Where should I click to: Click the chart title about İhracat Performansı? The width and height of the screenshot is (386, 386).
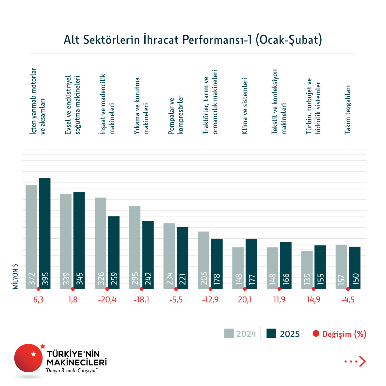[x=193, y=40]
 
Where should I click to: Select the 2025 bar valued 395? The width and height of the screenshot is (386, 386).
[x=45, y=233]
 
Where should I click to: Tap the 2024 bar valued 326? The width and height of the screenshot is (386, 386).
[x=100, y=243]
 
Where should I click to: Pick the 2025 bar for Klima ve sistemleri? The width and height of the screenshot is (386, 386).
[x=251, y=264]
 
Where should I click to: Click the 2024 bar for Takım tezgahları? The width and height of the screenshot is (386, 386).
[x=341, y=266]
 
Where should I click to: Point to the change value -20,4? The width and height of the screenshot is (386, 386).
[x=107, y=299]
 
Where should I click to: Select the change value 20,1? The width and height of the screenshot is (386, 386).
[x=245, y=299]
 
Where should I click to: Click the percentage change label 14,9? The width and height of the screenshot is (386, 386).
[x=314, y=299]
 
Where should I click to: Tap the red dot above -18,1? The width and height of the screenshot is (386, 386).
[x=141, y=289]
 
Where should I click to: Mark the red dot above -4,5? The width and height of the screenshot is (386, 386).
[x=348, y=289]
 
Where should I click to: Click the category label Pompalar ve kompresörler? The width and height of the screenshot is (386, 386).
[x=176, y=115]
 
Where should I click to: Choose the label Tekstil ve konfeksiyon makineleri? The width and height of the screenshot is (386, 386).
[x=279, y=102]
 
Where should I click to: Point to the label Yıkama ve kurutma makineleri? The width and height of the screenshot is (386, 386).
[x=141, y=106]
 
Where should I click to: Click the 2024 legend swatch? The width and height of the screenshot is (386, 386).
[x=229, y=333]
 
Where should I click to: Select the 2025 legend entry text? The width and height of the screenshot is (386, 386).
[x=290, y=334]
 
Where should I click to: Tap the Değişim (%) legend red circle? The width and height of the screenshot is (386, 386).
[x=315, y=334]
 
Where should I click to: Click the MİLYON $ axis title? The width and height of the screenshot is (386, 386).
[x=15, y=276]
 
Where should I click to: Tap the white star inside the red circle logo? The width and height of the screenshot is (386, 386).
[x=33, y=354]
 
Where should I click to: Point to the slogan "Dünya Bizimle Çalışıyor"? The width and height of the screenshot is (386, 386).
[x=72, y=371]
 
